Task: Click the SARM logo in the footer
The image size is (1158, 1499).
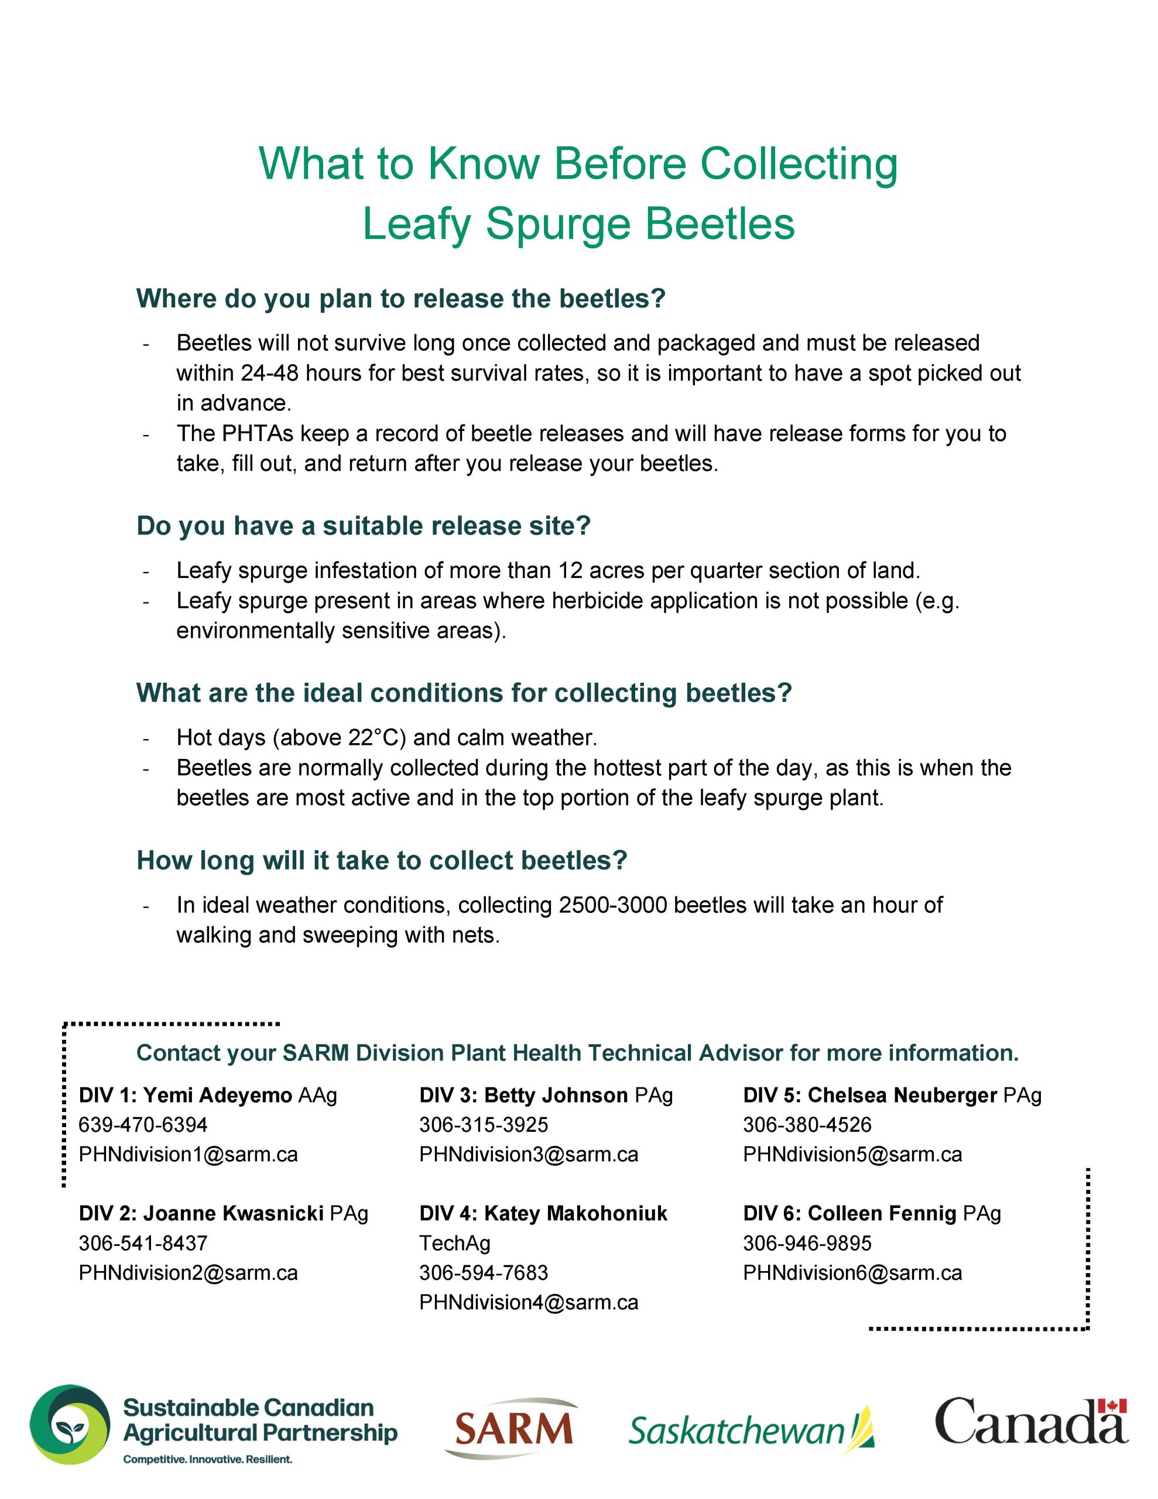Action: (x=513, y=1428)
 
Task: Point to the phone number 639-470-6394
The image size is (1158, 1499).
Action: (x=143, y=1125)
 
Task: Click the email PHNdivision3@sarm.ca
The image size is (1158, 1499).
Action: (x=529, y=1155)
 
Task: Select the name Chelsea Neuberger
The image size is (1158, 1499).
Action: (x=902, y=1095)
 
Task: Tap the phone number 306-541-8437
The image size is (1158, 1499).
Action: (x=143, y=1243)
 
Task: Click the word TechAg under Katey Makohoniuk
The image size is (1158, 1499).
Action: (x=454, y=1243)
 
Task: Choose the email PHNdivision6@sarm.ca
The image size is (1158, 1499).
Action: (x=852, y=1272)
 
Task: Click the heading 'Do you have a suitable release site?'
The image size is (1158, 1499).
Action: (x=363, y=526)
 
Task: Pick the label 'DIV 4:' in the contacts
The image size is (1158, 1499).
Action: (x=448, y=1213)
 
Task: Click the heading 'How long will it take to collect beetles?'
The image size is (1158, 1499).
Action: (x=382, y=860)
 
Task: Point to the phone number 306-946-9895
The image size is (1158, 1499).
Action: (x=807, y=1243)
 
